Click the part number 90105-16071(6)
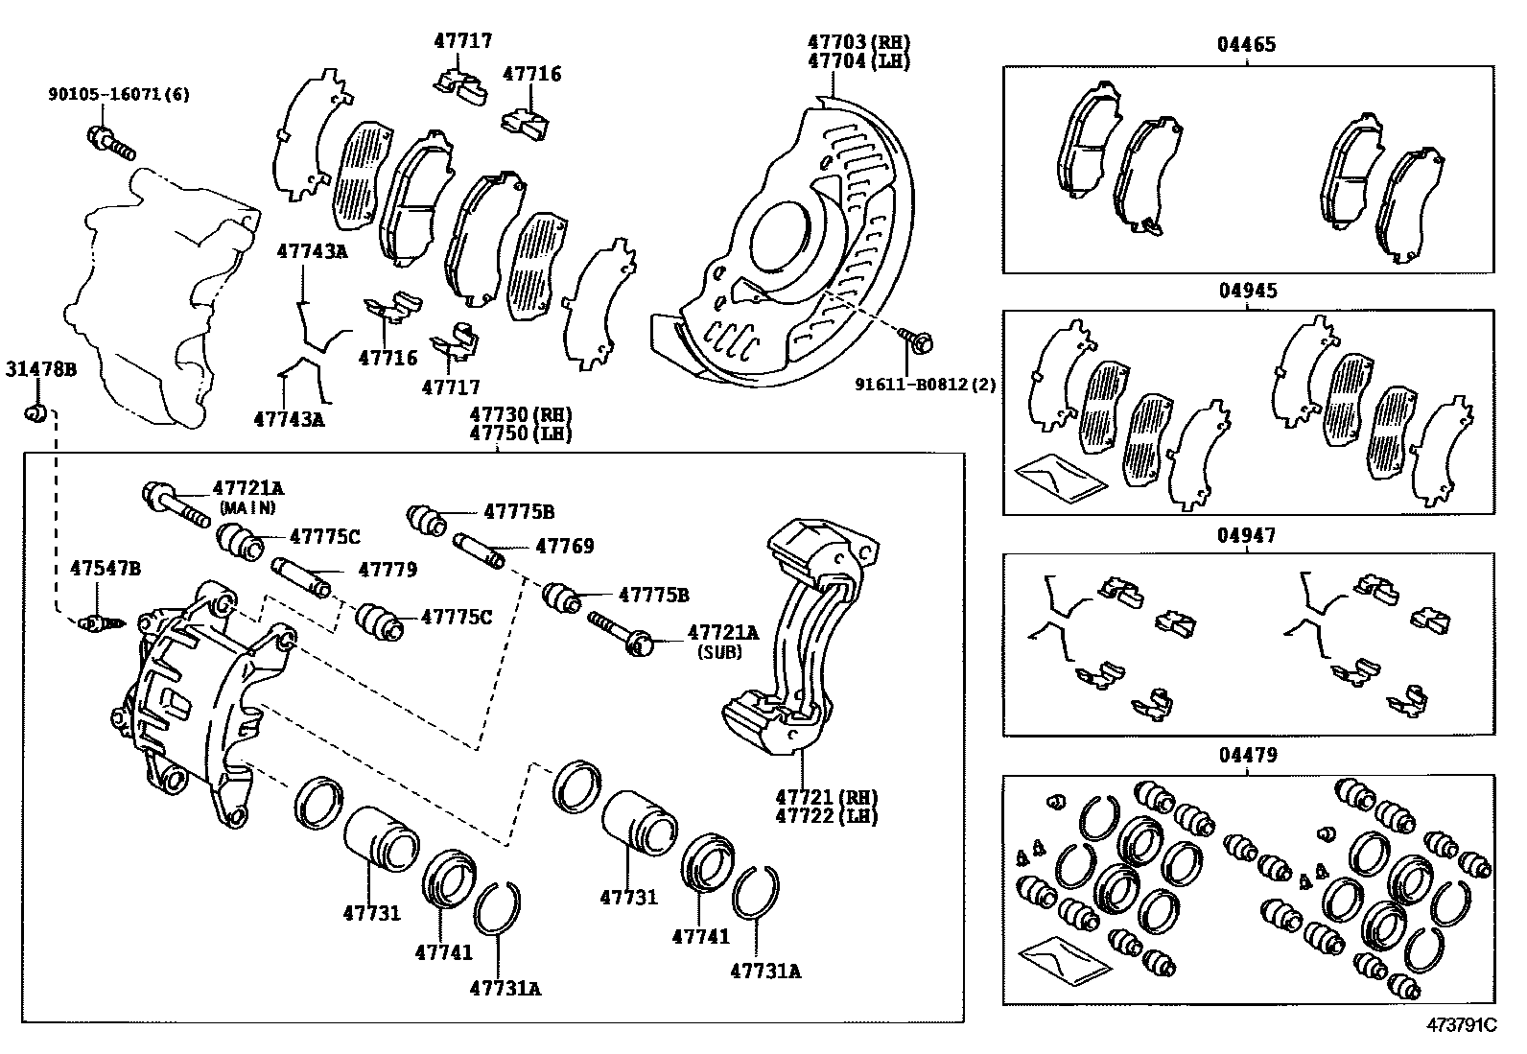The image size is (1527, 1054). (x=119, y=94)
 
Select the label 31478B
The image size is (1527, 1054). (x=40, y=368)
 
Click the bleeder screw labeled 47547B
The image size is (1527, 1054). (x=98, y=623)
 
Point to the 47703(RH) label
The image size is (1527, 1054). (x=857, y=42)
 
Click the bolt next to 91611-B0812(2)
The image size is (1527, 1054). (x=916, y=339)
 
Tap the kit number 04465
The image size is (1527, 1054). (x=1247, y=44)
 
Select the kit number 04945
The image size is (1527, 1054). (x=1247, y=291)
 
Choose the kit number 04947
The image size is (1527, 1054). (x=1247, y=535)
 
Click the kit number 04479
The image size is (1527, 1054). (x=1247, y=757)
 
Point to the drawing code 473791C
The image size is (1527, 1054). (x=1461, y=1025)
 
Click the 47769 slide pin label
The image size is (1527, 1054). (x=564, y=547)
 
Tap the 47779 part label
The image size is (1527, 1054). (x=388, y=570)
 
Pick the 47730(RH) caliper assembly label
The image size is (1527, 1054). (x=520, y=415)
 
